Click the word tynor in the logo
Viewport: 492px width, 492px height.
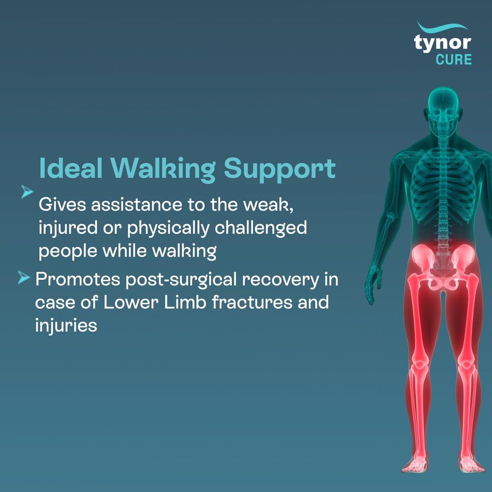[x=442, y=43]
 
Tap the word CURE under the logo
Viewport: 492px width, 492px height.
[x=454, y=60]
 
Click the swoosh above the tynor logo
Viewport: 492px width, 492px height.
[x=442, y=27]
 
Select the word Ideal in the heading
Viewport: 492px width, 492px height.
[x=71, y=168]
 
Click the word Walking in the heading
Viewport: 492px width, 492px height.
[x=163, y=170]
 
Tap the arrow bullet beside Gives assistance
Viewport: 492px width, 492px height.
[x=27, y=192]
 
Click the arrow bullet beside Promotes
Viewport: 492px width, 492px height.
[x=24, y=277]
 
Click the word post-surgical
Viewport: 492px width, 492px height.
[x=181, y=280]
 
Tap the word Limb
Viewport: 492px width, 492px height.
[x=185, y=302]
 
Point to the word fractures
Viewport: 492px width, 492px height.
[x=252, y=302]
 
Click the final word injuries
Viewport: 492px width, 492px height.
[x=66, y=325]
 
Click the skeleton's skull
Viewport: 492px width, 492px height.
[x=443, y=107]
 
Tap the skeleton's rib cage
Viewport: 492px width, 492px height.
[x=443, y=188]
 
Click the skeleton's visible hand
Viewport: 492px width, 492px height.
[x=373, y=284]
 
